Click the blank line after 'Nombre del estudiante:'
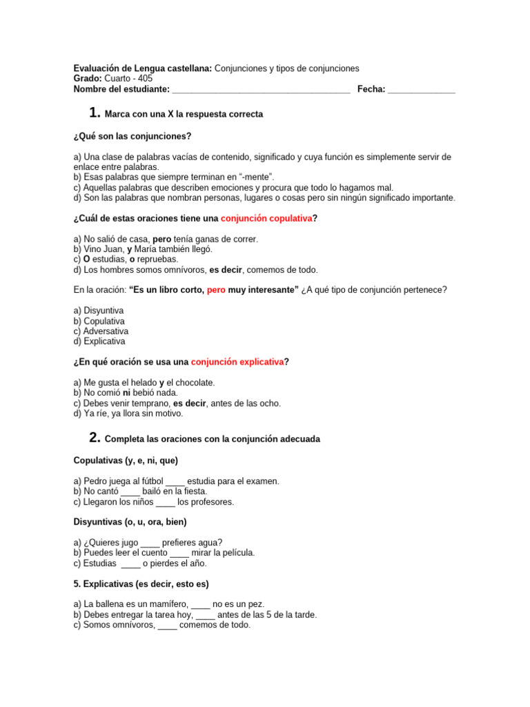coord(261,90)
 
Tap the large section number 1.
coord(95,113)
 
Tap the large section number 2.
coord(95,437)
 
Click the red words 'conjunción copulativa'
coord(266,218)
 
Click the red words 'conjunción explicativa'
coord(237,362)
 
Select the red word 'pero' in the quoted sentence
coord(217,290)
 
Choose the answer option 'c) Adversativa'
coord(101,331)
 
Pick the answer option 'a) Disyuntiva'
coord(99,311)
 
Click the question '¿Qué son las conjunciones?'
coord(132,136)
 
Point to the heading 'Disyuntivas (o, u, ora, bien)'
coord(130,522)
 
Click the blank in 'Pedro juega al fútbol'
coord(176,481)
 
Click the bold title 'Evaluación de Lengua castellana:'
coord(143,68)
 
